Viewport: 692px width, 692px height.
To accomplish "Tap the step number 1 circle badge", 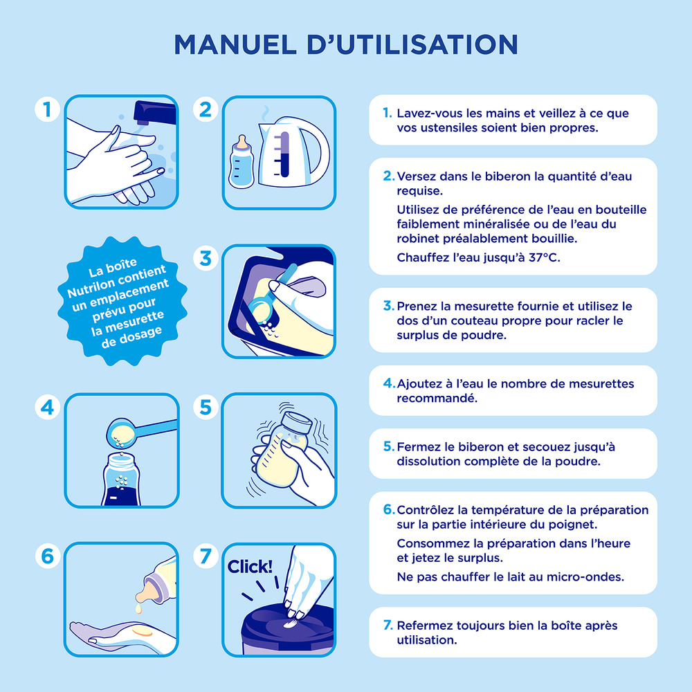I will (x=47, y=109).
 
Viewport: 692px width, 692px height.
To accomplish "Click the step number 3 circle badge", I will (x=206, y=258).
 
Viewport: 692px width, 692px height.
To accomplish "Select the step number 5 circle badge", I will (x=206, y=408).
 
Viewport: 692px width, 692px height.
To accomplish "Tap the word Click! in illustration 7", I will (x=251, y=567).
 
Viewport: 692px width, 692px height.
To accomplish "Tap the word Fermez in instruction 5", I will (x=418, y=446).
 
